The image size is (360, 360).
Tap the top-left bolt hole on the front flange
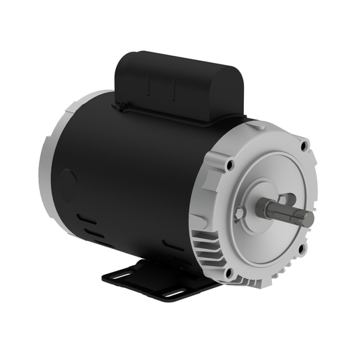pyautogui.click(x=229, y=165)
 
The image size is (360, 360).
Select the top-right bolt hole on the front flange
pyautogui.click(x=303, y=146)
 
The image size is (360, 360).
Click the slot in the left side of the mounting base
pyautogui.click(x=120, y=275)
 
